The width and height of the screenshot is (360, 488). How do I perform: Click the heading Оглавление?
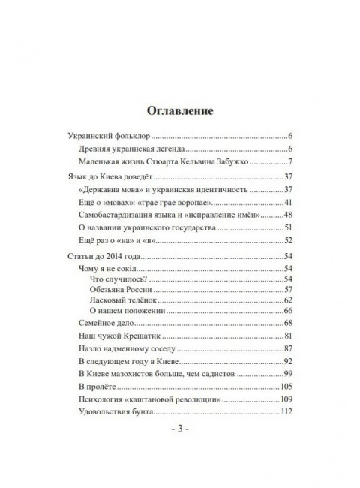180,110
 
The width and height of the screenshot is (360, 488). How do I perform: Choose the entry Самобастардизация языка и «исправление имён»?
157,216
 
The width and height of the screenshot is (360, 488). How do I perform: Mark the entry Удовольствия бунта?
113,411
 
